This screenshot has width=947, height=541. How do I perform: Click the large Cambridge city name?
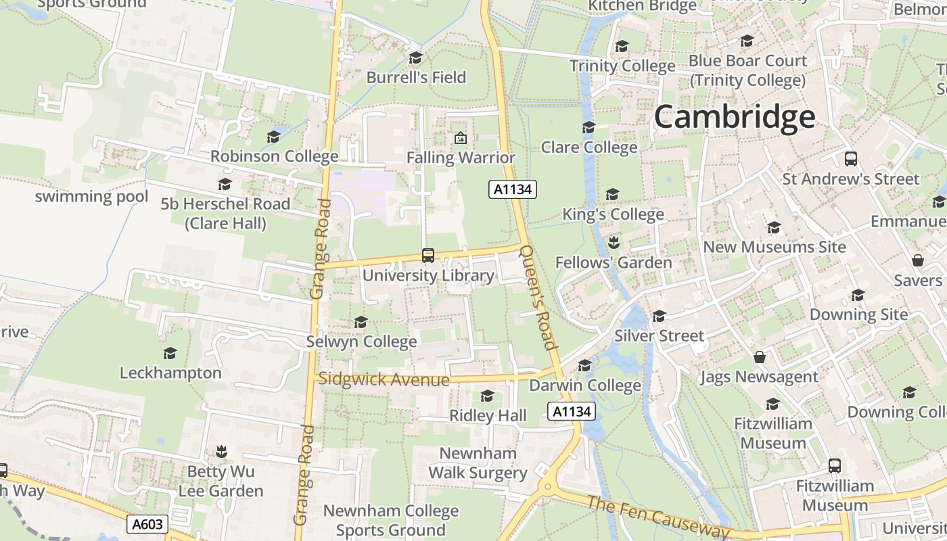[x=734, y=117]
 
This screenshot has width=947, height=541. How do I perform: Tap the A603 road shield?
[x=147, y=523]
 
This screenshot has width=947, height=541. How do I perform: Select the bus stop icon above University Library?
[x=428, y=256]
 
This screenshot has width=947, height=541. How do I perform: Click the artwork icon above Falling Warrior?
[x=461, y=138]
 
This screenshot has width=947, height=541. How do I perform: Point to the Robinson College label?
[x=274, y=156]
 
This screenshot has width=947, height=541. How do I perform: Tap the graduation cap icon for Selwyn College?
[x=361, y=322]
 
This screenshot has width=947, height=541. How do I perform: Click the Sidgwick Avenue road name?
[x=384, y=379]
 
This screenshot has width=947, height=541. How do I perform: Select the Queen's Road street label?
[x=538, y=297]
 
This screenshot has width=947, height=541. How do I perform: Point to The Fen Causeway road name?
[x=657, y=517]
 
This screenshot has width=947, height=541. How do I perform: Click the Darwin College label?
[x=585, y=385]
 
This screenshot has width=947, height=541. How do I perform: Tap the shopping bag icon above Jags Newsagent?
[x=760, y=357]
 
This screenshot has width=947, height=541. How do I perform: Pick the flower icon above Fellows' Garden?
[x=614, y=242]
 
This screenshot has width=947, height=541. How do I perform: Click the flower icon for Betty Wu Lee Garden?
[x=221, y=451]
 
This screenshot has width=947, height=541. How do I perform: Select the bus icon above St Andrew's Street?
[x=851, y=159]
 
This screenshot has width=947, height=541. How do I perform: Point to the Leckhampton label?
[x=170, y=373]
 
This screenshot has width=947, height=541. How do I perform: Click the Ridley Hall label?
[x=488, y=415]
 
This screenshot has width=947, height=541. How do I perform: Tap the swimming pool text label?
[x=91, y=196]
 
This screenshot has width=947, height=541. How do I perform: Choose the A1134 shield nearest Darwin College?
[x=572, y=411]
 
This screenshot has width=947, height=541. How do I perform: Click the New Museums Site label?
[x=775, y=247]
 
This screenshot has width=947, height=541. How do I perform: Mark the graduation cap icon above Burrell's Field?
[x=416, y=57]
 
